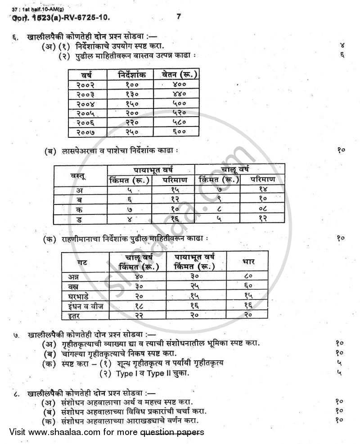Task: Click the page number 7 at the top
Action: [179, 16]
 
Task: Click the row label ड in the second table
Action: [80, 219]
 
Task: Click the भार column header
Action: [248, 261]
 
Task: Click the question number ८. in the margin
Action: [17, 392]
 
